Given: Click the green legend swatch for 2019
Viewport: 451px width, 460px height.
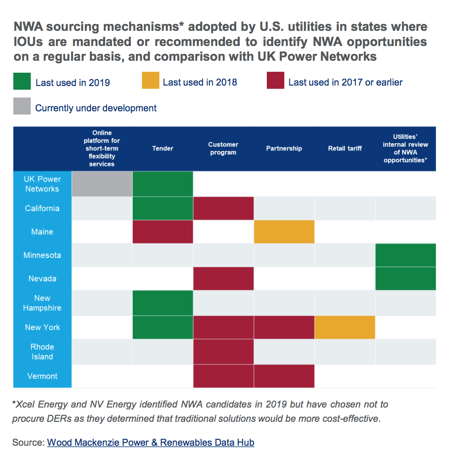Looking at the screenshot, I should (x=23, y=81).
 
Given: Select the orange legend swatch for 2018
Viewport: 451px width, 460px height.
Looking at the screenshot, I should (x=151, y=81).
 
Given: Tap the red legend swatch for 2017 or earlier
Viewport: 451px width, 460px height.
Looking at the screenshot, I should (x=275, y=81).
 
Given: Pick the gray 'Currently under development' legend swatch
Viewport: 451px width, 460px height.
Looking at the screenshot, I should (x=23, y=106).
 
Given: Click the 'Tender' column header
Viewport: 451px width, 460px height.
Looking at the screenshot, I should (x=163, y=149).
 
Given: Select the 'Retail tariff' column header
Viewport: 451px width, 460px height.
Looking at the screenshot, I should (x=344, y=149).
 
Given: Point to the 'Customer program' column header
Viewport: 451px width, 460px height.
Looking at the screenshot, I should (x=223, y=149).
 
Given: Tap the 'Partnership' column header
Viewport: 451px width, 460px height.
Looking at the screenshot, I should (x=284, y=149).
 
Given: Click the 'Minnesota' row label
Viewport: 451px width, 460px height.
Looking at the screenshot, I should (x=42, y=255).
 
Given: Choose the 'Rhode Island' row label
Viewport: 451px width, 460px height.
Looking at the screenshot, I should (x=42, y=352).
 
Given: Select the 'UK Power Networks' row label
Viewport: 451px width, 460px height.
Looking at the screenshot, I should (x=42, y=184).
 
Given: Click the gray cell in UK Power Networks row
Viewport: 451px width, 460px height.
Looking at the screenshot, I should (x=102, y=184).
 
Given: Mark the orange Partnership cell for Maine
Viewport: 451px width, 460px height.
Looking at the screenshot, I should (x=284, y=232).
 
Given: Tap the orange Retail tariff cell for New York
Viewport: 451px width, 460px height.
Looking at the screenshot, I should (x=344, y=327).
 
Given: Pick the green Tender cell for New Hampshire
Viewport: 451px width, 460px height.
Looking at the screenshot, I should (x=163, y=303).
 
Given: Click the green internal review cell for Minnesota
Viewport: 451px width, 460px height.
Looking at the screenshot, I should (x=405, y=255).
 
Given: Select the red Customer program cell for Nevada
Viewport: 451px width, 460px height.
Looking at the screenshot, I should (x=223, y=279).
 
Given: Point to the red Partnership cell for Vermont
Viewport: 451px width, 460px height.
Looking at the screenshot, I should (x=284, y=376).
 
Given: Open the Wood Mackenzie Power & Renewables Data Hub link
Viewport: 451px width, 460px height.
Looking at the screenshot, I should (x=151, y=443).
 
